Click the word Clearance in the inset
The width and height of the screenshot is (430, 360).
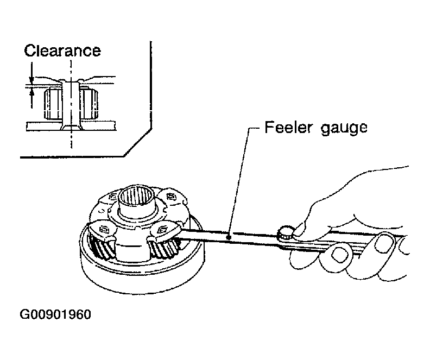pos(62,50)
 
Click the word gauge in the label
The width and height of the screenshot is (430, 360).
pos(344,129)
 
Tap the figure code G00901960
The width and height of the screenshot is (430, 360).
pos(55,314)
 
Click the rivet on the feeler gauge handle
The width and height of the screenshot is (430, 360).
pos(286,232)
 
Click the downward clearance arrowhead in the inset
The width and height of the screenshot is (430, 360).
pos(31,80)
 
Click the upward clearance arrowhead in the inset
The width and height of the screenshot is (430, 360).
pos(32,92)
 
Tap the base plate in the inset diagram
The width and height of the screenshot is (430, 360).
pos(71,126)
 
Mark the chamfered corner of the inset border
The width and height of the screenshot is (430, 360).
pos(138,143)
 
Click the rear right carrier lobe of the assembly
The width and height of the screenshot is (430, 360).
pos(172,198)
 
